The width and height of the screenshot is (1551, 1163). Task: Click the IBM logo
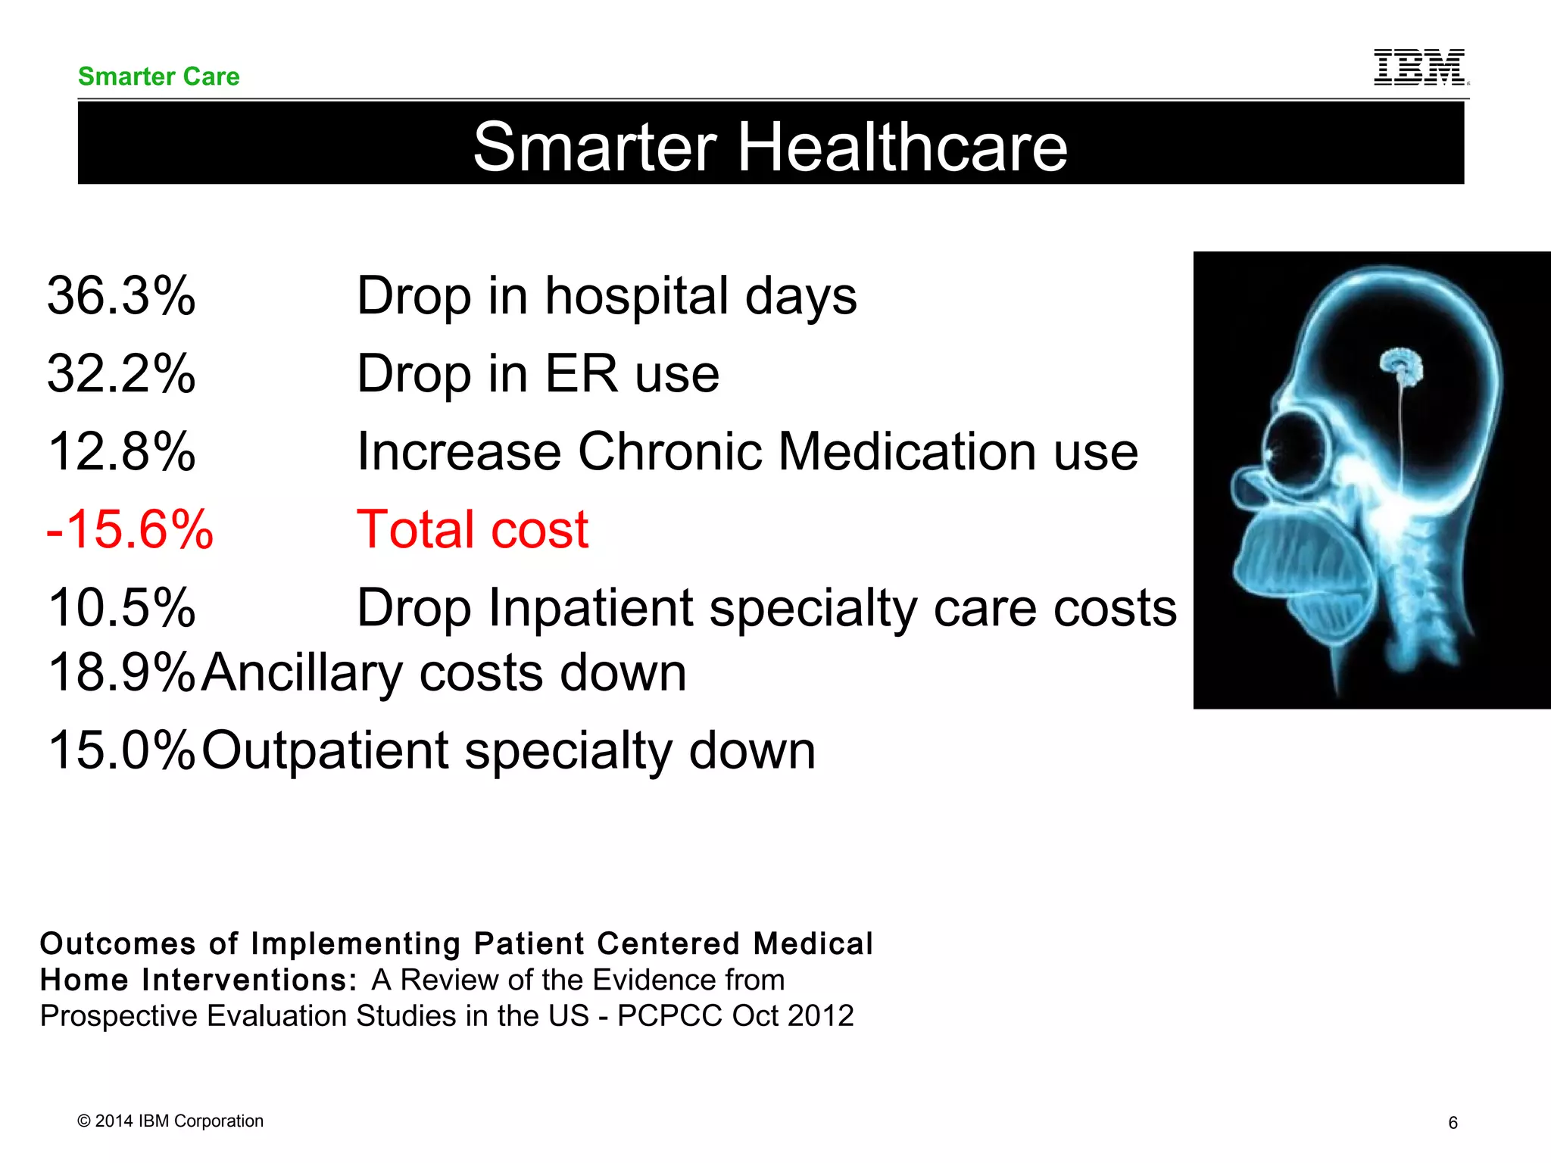[1420, 67]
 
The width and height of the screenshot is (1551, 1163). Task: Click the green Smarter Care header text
[158, 76]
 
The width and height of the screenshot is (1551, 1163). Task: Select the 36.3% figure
[121, 295]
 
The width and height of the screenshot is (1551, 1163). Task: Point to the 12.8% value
[121, 451]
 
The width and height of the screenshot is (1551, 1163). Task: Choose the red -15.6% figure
[130, 529]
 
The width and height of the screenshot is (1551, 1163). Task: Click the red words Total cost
[473, 529]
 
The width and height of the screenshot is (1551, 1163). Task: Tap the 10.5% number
[121, 607]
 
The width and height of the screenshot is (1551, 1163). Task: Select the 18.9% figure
[121, 672]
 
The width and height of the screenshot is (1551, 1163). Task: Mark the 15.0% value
[121, 750]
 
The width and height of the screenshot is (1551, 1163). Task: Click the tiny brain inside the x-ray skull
[1402, 366]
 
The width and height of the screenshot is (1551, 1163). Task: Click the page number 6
[1453, 1123]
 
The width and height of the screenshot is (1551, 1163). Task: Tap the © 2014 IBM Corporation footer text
[170, 1121]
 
